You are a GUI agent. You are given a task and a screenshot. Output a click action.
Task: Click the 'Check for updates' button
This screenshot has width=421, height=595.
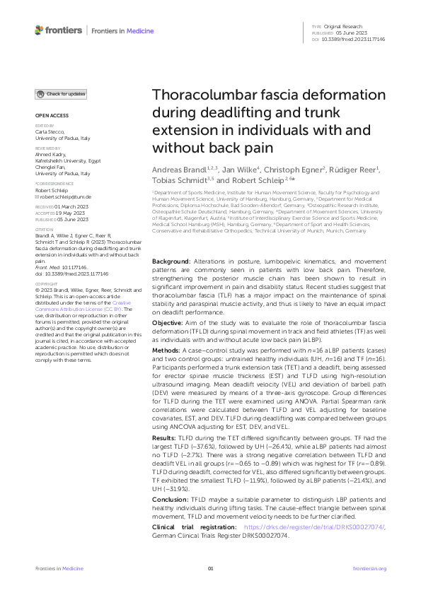coord(62,94)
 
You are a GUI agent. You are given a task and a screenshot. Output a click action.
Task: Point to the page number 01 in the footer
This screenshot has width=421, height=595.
coord(210,569)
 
